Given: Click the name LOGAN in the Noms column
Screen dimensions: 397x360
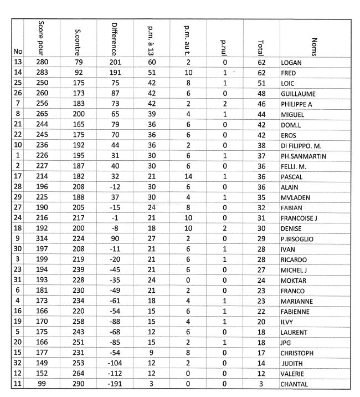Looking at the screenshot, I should pyautogui.click(x=291, y=63).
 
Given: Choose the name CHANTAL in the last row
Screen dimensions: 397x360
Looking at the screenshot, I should pyautogui.click(x=295, y=384).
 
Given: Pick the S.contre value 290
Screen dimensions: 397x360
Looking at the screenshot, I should pyautogui.click(x=78, y=384).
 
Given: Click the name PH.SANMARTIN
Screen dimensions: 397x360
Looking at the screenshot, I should pyautogui.click(x=304, y=156).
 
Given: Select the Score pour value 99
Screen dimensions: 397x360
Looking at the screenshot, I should pyautogui.click(x=43, y=384).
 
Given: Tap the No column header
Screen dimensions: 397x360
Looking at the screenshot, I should pyautogui.click(x=17, y=52).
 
